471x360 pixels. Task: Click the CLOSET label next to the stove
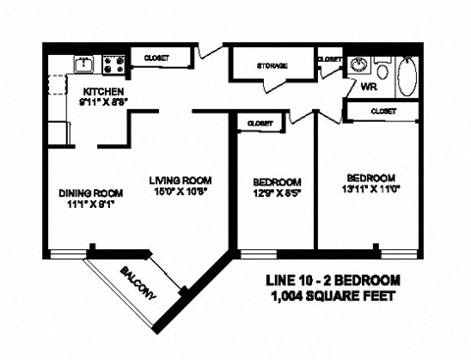[154, 58]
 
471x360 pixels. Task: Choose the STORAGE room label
[271, 66]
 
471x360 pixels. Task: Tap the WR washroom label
[370, 86]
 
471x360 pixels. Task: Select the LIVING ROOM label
[182, 180]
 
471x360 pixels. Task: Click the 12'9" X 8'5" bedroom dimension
[276, 194]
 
